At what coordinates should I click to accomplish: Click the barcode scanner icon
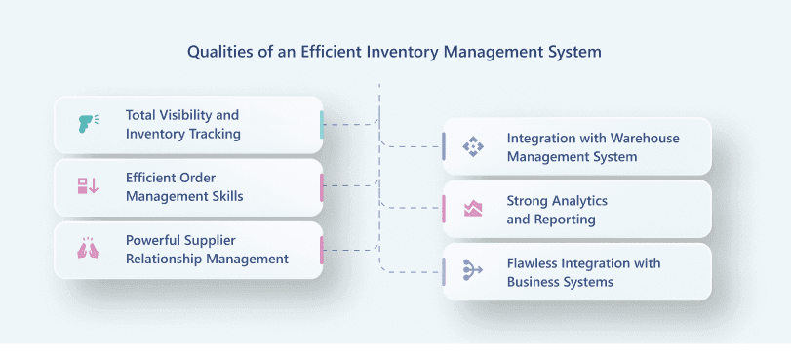click(88, 124)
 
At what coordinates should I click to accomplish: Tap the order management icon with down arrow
click(88, 185)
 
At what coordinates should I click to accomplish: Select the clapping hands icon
click(88, 249)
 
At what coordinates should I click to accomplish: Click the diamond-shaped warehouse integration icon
click(473, 146)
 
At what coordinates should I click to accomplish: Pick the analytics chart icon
click(473, 209)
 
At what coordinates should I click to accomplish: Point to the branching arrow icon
click(473, 270)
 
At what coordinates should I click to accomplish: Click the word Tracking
click(215, 135)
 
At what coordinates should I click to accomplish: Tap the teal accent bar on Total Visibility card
click(321, 125)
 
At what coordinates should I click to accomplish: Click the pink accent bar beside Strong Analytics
click(444, 209)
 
